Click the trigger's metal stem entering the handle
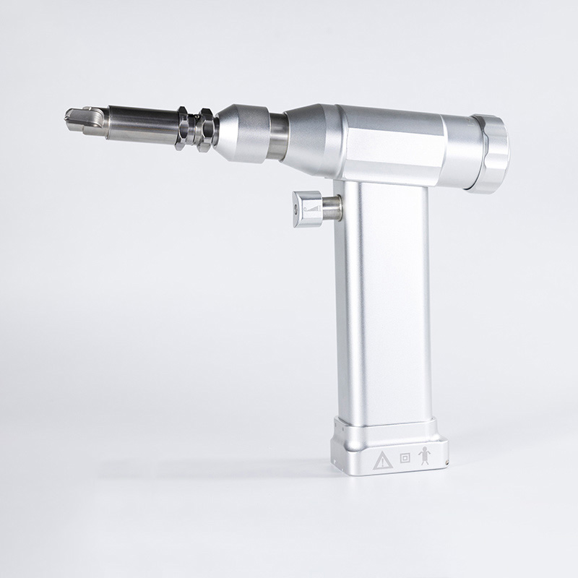click(x=332, y=208)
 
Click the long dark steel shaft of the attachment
click(x=141, y=123)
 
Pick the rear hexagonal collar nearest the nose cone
click(x=207, y=129)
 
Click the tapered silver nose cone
click(x=242, y=132)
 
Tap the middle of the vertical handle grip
click(x=383, y=303)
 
